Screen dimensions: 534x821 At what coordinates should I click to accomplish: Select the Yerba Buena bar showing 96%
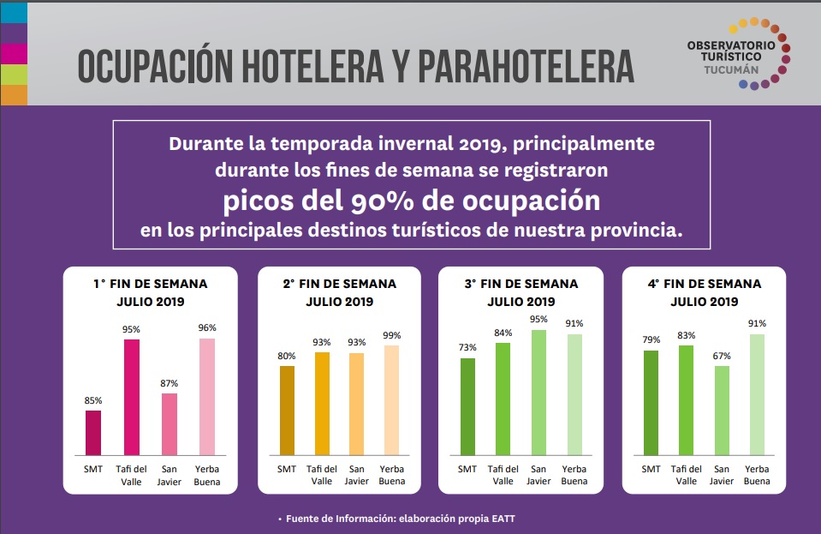(x=206, y=396)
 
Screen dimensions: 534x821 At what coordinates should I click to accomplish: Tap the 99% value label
(x=392, y=335)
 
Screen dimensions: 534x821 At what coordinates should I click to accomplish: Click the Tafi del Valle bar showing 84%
(x=503, y=399)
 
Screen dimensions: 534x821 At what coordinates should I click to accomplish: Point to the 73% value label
(x=467, y=348)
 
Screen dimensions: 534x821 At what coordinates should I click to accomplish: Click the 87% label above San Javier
(x=170, y=383)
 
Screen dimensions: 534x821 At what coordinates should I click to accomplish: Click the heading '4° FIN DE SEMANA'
(x=704, y=284)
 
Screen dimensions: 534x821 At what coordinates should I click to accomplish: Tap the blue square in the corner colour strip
(x=14, y=12)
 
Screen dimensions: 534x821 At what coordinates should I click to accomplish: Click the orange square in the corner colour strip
(x=14, y=95)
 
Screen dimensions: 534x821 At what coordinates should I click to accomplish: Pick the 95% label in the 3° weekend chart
(x=538, y=320)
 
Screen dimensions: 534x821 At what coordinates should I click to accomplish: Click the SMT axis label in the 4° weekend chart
(x=651, y=469)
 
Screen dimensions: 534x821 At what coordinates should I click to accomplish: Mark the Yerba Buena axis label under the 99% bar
(x=392, y=475)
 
